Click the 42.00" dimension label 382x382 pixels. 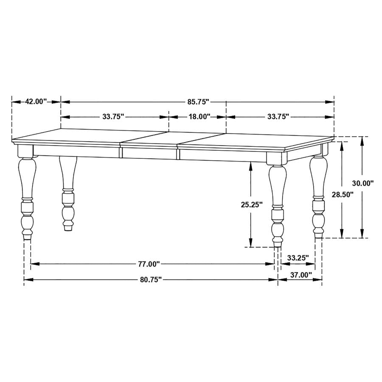(x=36, y=101)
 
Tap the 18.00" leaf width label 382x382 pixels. (x=197, y=116)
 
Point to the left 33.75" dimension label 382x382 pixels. (x=112, y=116)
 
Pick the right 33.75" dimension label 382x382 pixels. (x=278, y=116)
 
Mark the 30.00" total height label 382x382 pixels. (x=362, y=183)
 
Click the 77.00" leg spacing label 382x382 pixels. (x=148, y=264)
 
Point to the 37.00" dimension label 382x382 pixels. (x=301, y=275)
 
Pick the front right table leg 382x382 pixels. (x=277, y=204)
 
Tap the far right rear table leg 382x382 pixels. (x=318, y=195)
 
